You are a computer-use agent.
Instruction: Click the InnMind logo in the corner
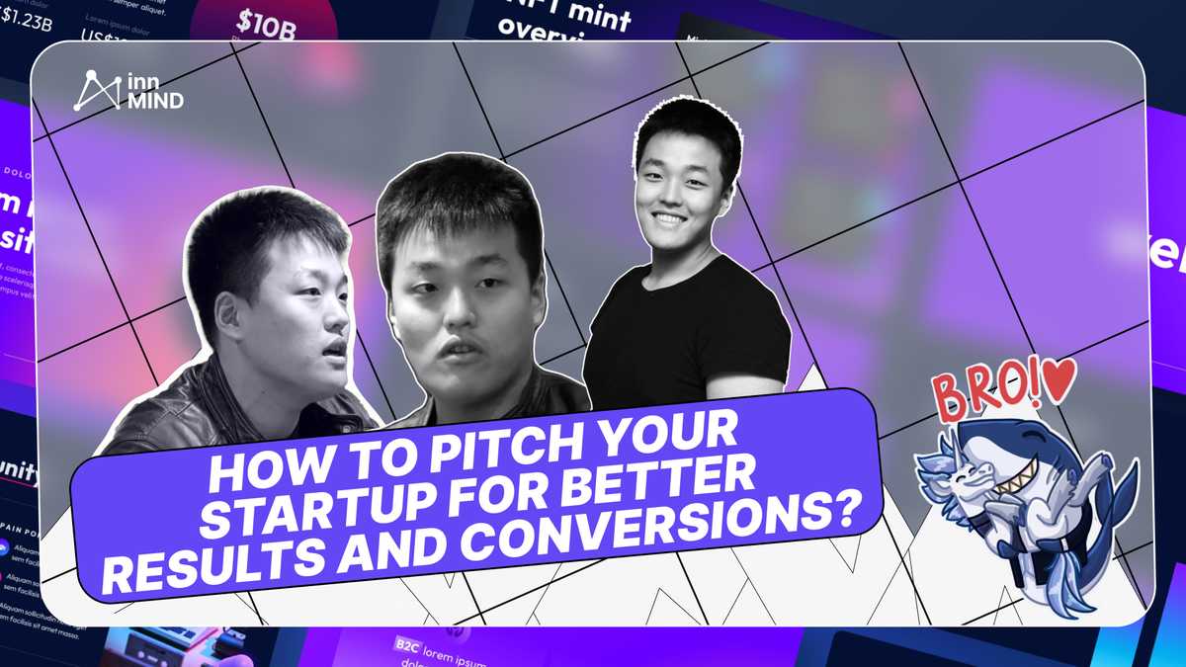pos(128,90)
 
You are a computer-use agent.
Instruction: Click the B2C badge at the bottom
pos(405,643)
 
